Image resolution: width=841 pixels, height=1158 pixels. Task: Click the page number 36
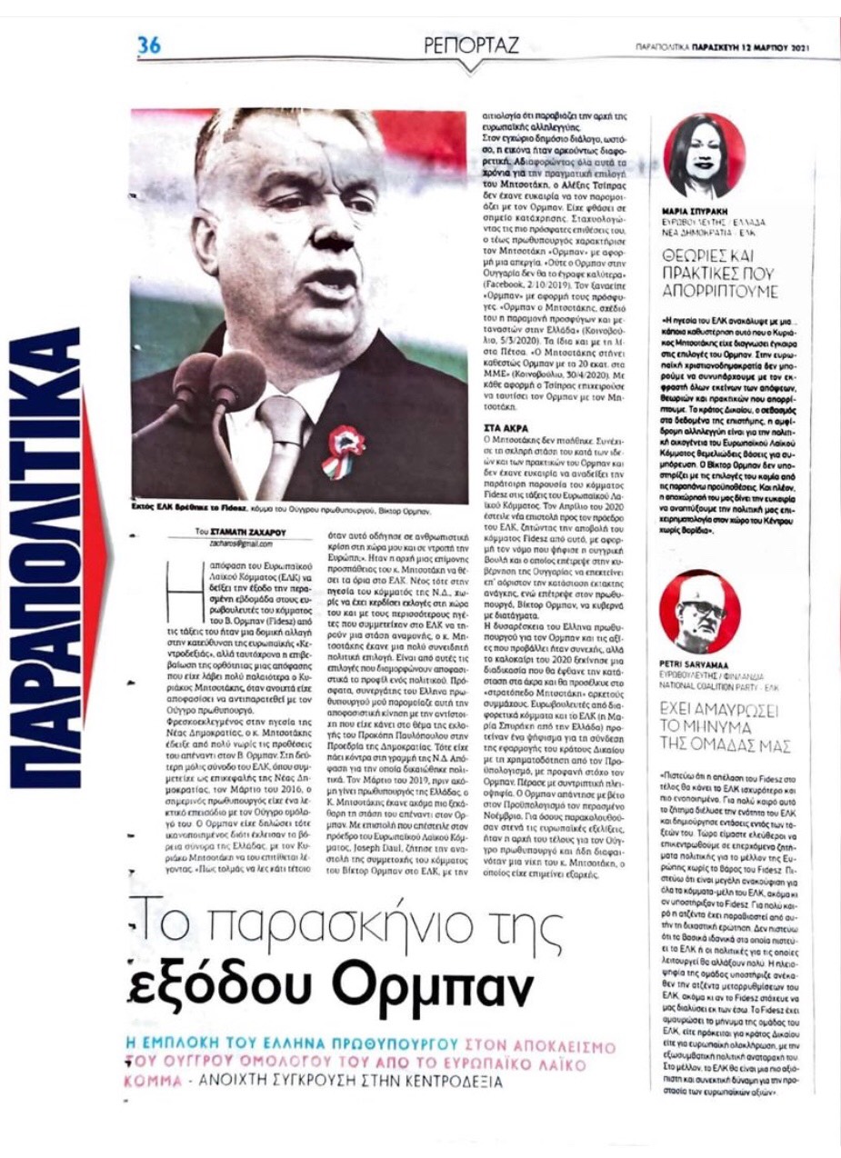(x=149, y=45)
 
